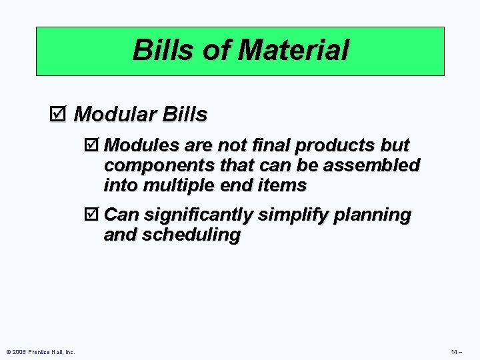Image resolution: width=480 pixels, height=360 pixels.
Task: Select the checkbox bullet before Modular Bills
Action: [x=58, y=115]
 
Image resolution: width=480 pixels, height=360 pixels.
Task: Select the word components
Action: [x=149, y=165]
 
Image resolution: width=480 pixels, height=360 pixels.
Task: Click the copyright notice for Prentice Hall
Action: [x=40, y=351]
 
